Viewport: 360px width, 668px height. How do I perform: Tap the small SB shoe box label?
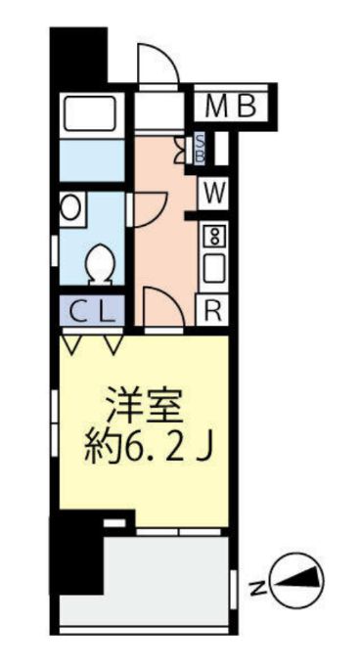coord(201,149)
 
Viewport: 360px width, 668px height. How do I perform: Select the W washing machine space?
coord(215,191)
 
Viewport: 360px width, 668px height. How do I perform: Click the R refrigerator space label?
coord(212,311)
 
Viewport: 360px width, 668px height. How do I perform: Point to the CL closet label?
coord(92,312)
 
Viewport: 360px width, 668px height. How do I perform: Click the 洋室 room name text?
coord(142,405)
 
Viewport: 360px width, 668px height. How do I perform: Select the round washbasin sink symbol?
coord(71,207)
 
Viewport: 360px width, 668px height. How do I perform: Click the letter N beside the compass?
coord(256,588)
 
